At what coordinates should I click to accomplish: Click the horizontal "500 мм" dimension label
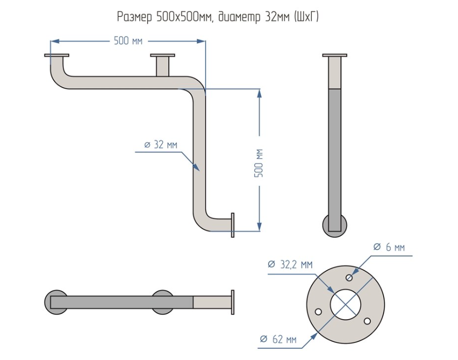128,41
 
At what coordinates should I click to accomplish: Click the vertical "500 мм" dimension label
259,163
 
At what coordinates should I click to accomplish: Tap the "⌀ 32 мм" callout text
160,144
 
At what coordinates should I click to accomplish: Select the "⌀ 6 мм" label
389,247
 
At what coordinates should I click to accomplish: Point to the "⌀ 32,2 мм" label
290,264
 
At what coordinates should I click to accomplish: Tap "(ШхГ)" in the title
306,17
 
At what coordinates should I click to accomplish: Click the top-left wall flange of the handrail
57,55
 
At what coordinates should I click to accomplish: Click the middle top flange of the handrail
163,55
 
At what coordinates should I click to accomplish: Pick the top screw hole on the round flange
349,277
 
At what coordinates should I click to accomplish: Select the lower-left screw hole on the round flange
319,312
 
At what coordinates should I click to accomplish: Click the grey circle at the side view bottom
335,226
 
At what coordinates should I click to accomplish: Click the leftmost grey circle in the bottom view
56,302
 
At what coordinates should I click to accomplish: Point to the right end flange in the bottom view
233,303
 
